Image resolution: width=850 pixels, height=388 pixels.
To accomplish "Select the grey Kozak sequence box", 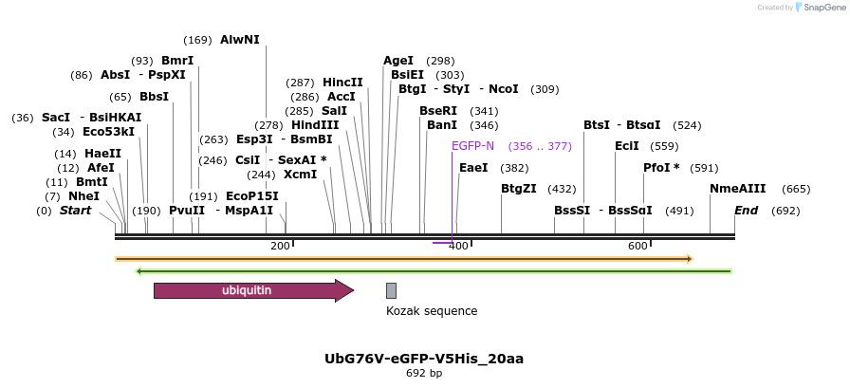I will coord(391,290).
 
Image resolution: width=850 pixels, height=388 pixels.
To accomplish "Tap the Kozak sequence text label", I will coord(432,311).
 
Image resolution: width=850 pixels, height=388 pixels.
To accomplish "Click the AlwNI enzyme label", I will coord(239,40).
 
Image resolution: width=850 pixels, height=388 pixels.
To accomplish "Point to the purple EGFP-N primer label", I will coord(472,146).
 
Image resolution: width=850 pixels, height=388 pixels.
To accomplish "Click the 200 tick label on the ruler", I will coord(280,247).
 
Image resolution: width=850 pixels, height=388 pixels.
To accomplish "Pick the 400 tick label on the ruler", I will coord(458,247).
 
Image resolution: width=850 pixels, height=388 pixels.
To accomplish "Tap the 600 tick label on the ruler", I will coord(637,247).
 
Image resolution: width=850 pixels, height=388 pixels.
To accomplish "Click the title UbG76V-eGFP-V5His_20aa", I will coord(424,359).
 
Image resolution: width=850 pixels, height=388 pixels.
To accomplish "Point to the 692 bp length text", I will coord(424,374).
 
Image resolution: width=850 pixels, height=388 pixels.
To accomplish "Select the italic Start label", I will coord(75,211).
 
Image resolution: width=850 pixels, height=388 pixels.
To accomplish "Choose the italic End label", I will coord(746,211).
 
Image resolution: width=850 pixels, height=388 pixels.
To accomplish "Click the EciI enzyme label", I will coord(627,146).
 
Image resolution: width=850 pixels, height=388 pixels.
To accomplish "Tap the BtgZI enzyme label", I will coord(519,189).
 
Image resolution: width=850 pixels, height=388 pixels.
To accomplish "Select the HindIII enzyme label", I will coord(314,125).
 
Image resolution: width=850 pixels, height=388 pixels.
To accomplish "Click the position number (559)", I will coord(665,146).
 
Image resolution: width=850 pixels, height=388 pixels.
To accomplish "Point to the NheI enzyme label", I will coord(83,196).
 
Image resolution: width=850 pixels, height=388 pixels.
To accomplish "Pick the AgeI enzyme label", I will coord(398,61).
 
